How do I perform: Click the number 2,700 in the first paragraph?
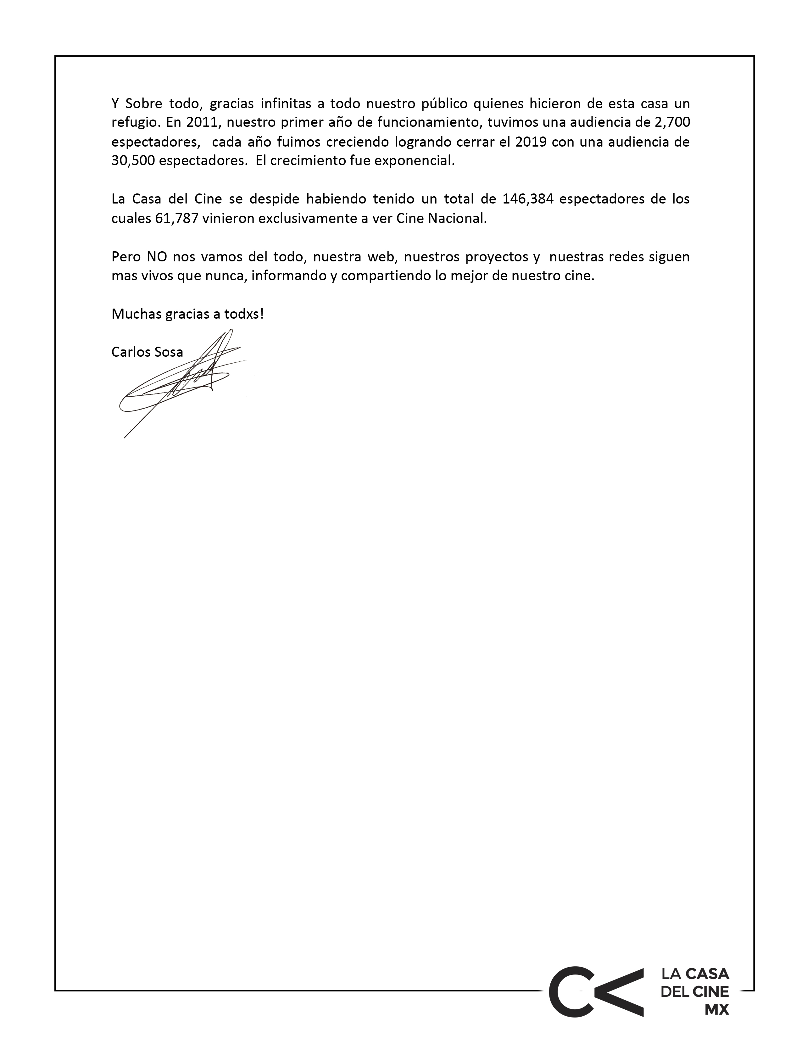tap(672, 122)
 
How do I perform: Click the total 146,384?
tap(528, 199)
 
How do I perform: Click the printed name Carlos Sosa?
tap(147, 352)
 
